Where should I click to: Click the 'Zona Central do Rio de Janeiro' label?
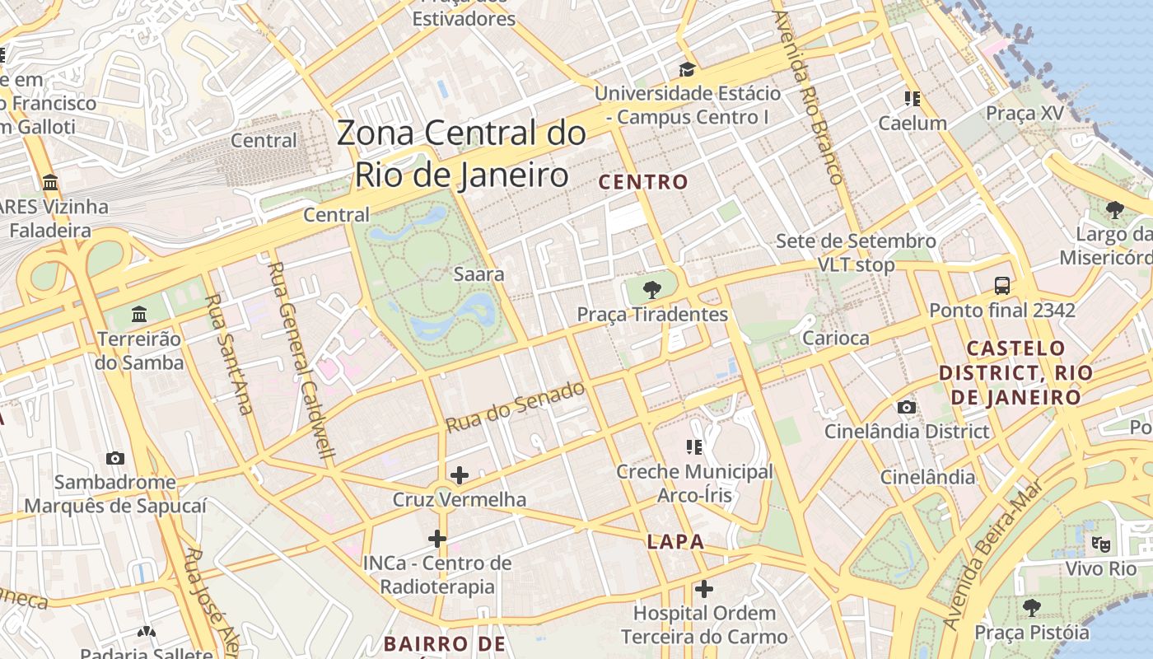[x=461, y=154]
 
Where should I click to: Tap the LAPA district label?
[x=675, y=541]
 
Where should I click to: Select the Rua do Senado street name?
[x=516, y=407]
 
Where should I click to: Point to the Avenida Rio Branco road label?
[x=807, y=97]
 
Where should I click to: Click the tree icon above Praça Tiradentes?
[x=652, y=289]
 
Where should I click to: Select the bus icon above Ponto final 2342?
[x=1002, y=286]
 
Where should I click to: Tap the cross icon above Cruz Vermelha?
[x=460, y=475]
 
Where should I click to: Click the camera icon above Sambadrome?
[x=115, y=458]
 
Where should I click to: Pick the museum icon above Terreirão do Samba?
[x=138, y=315]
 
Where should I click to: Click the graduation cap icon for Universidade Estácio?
[x=687, y=69]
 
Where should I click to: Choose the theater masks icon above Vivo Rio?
[x=1100, y=544]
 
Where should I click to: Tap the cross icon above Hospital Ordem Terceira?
[x=703, y=589]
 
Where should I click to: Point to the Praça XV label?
[x=1025, y=113]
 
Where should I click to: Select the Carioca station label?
[x=835, y=338]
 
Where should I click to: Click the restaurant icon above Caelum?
[x=912, y=99]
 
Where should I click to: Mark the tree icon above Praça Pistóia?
[x=1031, y=608]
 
